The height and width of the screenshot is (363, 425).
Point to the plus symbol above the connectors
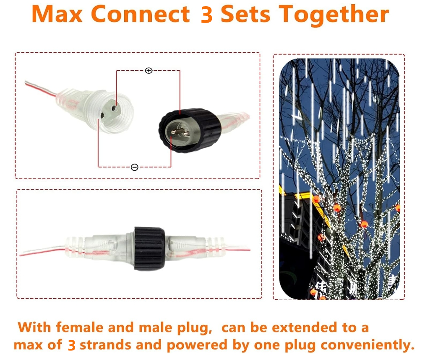[x=149, y=71]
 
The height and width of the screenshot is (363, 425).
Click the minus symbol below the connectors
[x=134, y=167]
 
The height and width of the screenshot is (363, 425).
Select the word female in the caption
[x=81, y=327]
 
